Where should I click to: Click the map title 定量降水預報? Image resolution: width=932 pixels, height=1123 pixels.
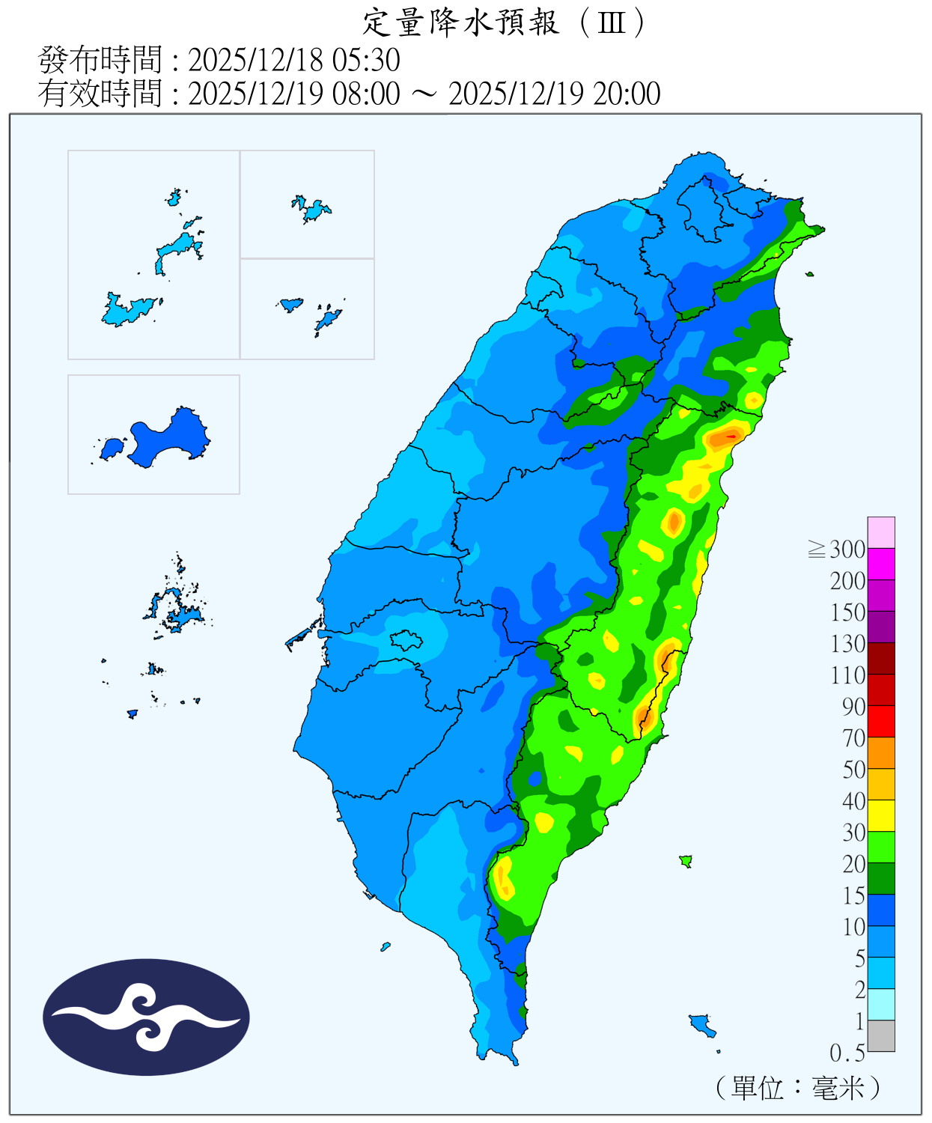pos(460,22)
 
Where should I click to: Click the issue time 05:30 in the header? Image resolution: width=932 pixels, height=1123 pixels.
pos(371,60)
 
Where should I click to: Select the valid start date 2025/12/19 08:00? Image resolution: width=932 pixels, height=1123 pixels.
pos(293,94)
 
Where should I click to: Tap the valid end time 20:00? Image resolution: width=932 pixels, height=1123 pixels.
pos(627,94)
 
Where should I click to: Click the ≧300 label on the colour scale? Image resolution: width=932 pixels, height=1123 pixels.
pos(838,550)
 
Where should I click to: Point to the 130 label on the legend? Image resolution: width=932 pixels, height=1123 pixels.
pos(847,644)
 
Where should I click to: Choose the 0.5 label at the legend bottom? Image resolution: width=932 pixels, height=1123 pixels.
pos(847,1053)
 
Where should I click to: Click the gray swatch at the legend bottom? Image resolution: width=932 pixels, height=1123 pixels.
pos(881,1036)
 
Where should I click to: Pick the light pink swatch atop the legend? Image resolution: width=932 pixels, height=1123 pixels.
pos(881,532)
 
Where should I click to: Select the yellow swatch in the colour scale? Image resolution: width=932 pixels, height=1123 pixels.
pos(881,815)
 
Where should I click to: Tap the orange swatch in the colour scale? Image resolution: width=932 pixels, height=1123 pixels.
pos(881,752)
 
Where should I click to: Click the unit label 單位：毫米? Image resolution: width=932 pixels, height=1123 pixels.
pos(797,1087)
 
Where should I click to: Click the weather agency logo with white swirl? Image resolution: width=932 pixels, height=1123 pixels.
pos(146,1017)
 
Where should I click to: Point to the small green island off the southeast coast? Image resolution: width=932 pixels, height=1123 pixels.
pos(685,861)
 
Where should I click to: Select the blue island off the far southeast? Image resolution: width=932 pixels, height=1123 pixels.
pos(701,1023)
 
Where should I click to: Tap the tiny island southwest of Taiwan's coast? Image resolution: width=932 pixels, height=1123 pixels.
pos(386,947)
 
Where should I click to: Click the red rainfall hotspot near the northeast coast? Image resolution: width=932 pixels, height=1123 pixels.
pos(730,435)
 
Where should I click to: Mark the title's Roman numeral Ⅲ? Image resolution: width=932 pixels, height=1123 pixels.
pos(612,22)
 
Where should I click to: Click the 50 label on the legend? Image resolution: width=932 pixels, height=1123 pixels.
pos(853,770)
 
